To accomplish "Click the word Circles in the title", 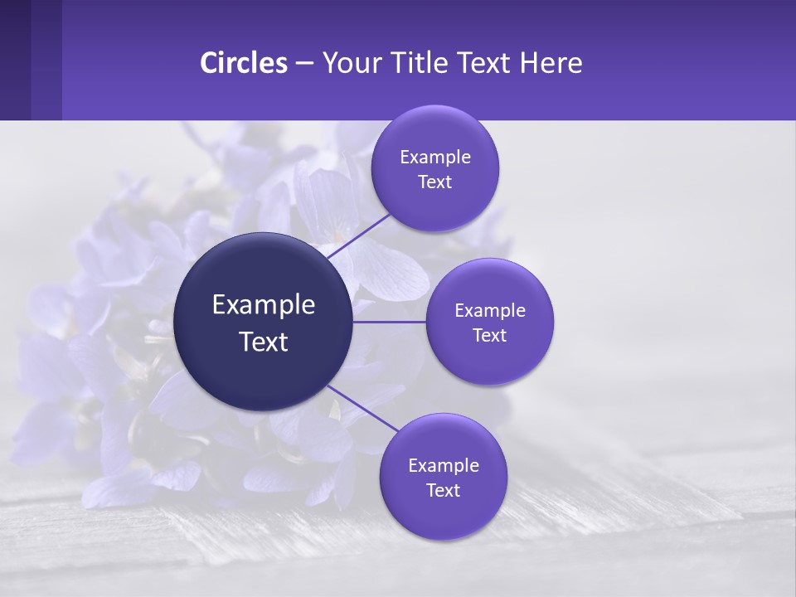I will (x=244, y=63).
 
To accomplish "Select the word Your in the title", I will (x=350, y=63).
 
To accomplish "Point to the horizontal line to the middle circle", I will (x=390, y=322).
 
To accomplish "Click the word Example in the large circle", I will (x=264, y=305).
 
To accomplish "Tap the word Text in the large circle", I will (x=264, y=342).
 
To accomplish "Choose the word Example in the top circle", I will (x=435, y=158).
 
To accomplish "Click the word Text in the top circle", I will (x=435, y=182).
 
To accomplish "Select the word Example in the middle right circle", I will (x=490, y=311).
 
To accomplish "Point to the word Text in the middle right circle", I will (x=490, y=336).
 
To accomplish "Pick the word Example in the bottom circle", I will (x=444, y=466).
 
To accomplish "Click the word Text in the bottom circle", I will (x=444, y=491).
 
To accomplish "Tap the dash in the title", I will (x=304, y=64).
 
